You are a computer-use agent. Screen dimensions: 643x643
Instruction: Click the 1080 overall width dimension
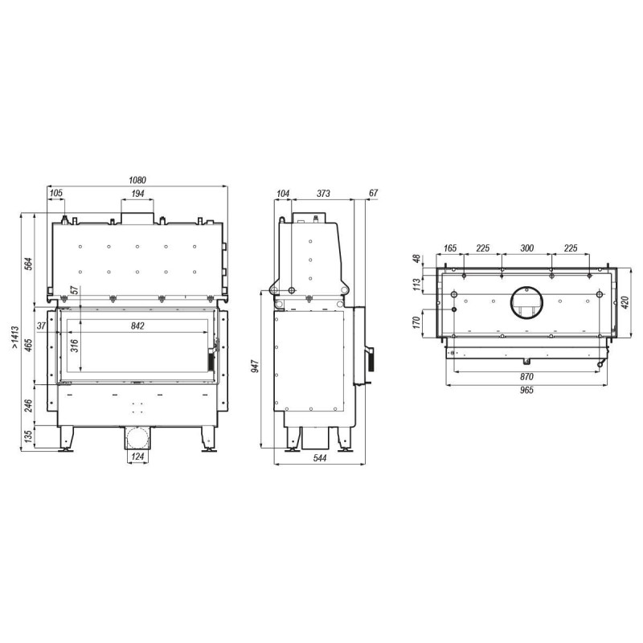click(x=137, y=180)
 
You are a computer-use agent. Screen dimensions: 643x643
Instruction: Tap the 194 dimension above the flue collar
click(x=137, y=193)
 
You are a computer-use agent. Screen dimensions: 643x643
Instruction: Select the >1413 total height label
click(x=14, y=338)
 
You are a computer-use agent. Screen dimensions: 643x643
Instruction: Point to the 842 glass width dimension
click(x=137, y=326)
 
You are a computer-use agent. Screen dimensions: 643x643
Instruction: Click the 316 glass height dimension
click(x=74, y=346)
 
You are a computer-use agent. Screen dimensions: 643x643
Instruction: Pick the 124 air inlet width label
click(x=137, y=457)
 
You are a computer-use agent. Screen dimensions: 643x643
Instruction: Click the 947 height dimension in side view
click(x=255, y=366)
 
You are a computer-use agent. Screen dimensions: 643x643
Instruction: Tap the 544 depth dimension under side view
click(x=320, y=457)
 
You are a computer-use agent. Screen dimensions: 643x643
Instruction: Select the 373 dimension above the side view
click(x=323, y=193)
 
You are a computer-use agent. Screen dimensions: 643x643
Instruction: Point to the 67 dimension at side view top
click(x=374, y=193)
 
